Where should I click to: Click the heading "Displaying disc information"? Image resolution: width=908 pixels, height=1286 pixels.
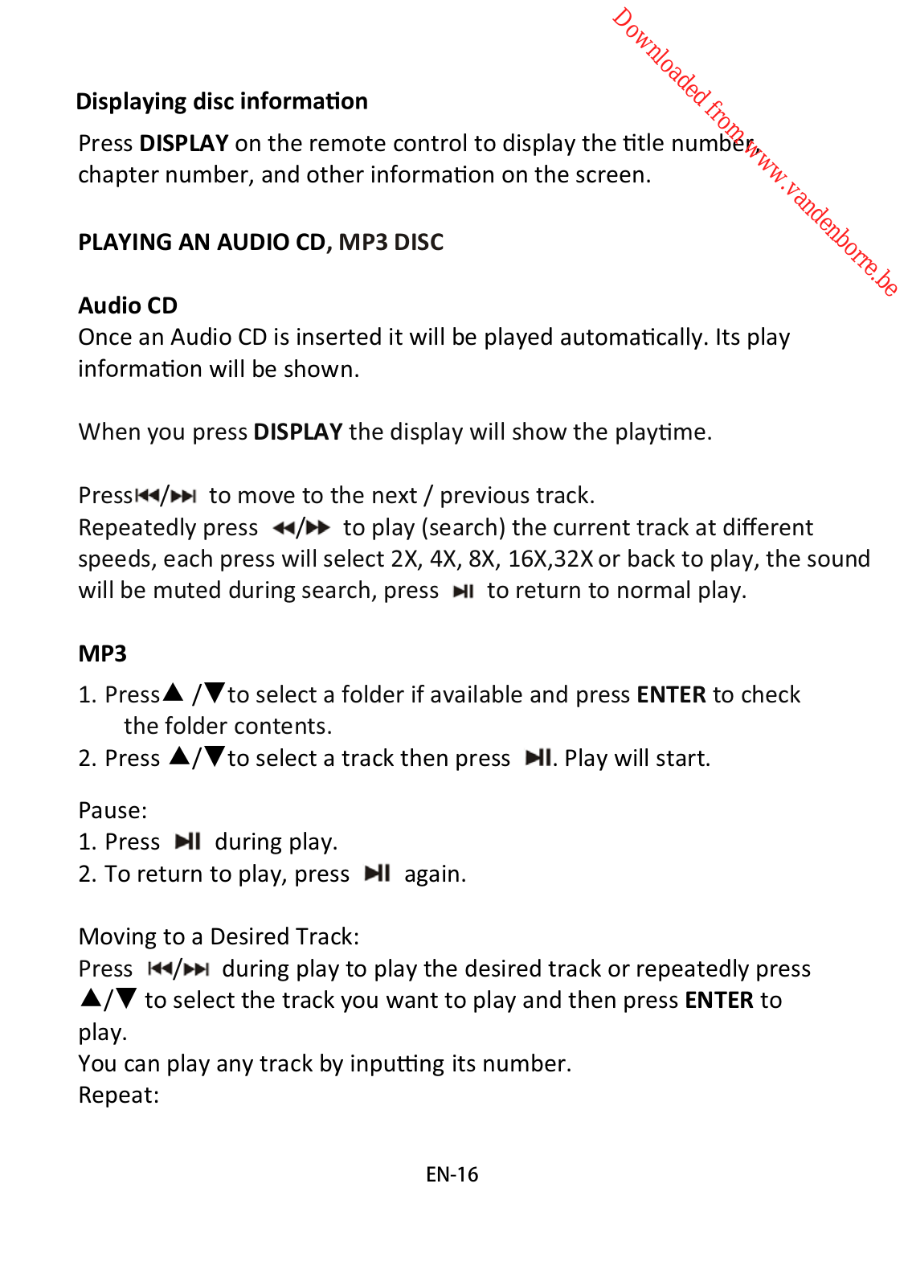[222, 101]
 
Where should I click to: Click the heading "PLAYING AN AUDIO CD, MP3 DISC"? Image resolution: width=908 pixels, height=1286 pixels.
[260, 242]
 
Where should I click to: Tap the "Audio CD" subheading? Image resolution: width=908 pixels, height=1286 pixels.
[128, 305]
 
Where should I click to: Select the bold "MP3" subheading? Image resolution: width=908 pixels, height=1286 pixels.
[102, 653]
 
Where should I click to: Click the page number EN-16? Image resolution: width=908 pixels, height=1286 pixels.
[452, 1174]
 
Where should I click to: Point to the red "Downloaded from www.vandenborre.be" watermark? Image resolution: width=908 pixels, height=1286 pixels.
[755, 152]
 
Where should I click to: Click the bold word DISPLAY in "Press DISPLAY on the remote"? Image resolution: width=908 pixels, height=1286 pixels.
[184, 143]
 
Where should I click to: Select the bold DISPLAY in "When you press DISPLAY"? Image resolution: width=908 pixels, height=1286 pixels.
[298, 432]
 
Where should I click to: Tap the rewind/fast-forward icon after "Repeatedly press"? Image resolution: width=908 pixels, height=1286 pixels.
[301, 528]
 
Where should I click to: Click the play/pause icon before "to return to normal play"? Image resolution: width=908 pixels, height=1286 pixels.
[464, 592]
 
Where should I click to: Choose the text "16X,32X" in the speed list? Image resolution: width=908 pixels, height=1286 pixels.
[550, 559]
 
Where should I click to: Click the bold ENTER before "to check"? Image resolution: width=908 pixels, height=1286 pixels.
[671, 694]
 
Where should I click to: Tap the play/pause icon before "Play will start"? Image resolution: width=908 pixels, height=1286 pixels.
[538, 758]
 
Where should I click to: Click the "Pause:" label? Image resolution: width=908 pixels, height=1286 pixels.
[112, 810]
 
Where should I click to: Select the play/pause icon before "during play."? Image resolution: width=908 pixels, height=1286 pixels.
[188, 842]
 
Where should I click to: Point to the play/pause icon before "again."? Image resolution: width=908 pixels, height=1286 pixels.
[378, 874]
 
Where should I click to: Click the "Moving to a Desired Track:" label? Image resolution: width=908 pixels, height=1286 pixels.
[219, 936]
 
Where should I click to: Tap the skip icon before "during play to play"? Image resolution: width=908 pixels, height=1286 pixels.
[178, 969]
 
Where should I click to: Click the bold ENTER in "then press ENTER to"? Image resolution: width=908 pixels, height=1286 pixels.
[719, 1000]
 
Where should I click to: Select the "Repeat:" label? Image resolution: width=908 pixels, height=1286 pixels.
[119, 1095]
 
